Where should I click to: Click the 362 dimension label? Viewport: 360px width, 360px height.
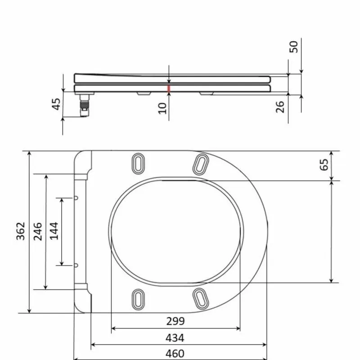21,231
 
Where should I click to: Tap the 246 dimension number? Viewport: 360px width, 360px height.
38,231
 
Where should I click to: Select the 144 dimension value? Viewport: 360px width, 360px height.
54,231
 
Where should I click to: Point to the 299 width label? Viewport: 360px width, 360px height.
175,321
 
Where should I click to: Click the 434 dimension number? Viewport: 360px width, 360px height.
175,338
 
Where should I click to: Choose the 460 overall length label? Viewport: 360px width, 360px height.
175,354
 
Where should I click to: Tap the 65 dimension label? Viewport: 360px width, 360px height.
324,165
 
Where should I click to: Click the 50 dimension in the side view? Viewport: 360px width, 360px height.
294,47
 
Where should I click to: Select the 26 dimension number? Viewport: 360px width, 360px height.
280,107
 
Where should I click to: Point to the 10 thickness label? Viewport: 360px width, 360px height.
162,108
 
